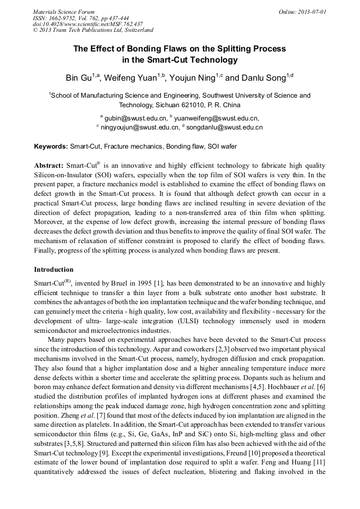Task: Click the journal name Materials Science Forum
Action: pos(64,11)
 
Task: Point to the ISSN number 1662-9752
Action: pos(65,18)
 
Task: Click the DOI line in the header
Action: pos(88,24)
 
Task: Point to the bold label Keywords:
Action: pos(51,146)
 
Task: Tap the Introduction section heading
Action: pos(54,270)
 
